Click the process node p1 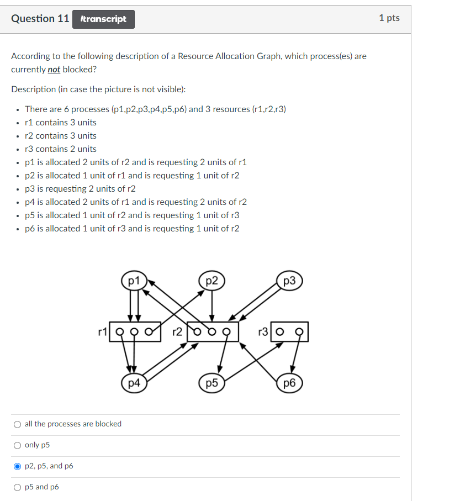pos(133,281)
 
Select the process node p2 pos(211,281)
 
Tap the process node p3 pos(289,281)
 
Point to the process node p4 pos(133,383)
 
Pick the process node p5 pos(211,383)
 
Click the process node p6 pos(289,383)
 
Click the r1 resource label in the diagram pos(102,332)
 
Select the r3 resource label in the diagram pos(263,332)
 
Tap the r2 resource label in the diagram pos(177,332)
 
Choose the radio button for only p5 pos(18,445)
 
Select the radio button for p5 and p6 pos(18,487)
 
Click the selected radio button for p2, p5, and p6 pos(18,466)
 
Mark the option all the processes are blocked pos(18,424)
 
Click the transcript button pos(103,19)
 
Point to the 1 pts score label pos(389,18)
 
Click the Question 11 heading pos(40,19)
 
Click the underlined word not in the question pos(54,70)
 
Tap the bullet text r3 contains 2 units pos(60,149)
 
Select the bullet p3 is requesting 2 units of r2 pos(80,189)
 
